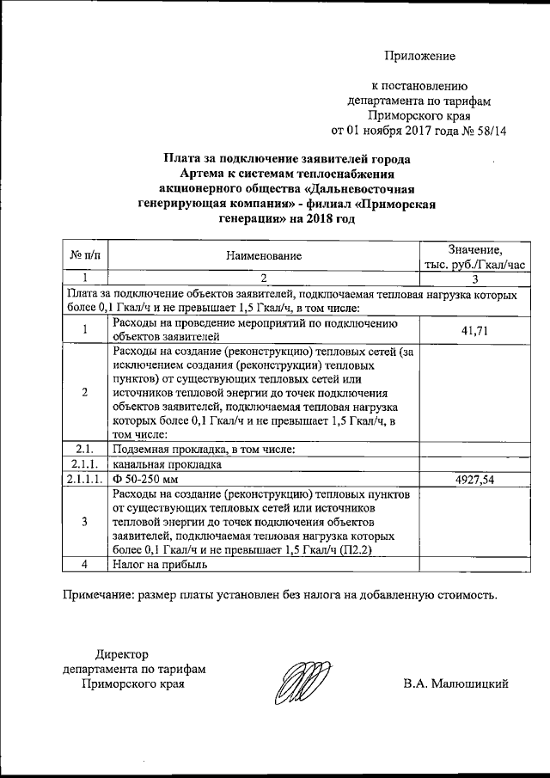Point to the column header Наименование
coord(264,256)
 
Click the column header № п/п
coord(85,256)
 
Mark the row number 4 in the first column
coord(85,565)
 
